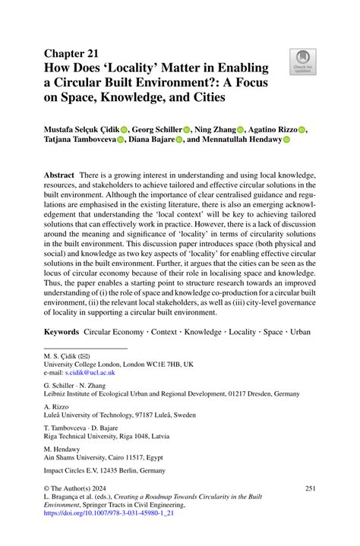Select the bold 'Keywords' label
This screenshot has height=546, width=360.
[62, 332]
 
